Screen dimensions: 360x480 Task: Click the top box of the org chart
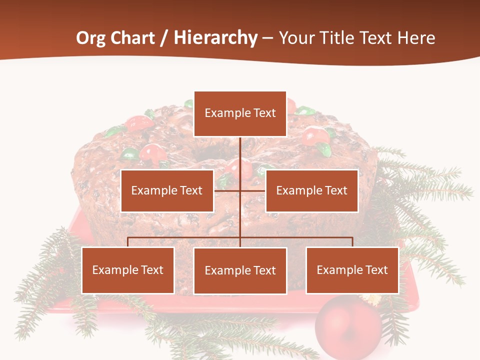(x=240, y=113)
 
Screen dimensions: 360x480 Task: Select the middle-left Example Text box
(x=167, y=190)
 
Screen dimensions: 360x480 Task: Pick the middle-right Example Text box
(x=311, y=190)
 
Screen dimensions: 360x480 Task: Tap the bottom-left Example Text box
(x=128, y=270)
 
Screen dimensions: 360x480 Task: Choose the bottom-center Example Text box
(x=240, y=270)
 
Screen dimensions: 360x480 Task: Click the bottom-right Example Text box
(x=352, y=270)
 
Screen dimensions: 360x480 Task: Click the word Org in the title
(x=90, y=38)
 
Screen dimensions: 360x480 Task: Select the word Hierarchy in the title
(x=215, y=38)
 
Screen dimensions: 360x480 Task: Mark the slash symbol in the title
(x=164, y=38)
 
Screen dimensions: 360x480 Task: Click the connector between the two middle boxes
(x=240, y=190)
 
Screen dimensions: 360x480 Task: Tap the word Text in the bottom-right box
(x=376, y=270)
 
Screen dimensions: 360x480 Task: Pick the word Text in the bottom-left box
(x=152, y=270)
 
